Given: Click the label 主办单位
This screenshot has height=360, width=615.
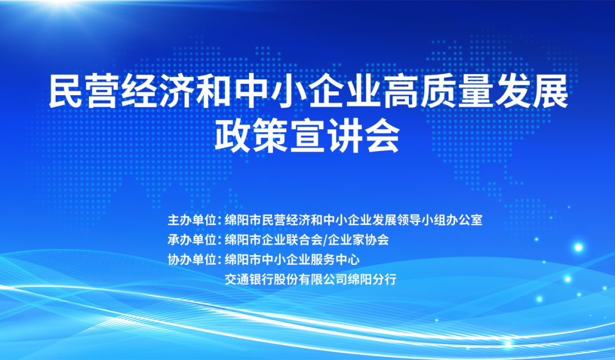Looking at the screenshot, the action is pyautogui.click(x=192, y=220).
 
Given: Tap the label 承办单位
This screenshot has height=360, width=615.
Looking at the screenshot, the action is pyautogui.click(x=192, y=240).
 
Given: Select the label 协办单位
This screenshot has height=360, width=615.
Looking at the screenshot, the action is pyautogui.click(x=192, y=260).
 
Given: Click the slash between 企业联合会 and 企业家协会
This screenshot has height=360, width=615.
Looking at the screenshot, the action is pyautogui.click(x=325, y=240).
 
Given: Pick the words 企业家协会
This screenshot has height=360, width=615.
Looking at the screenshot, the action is pyautogui.click(x=358, y=240).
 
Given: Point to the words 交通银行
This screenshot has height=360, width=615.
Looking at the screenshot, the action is pyautogui.click(x=249, y=280).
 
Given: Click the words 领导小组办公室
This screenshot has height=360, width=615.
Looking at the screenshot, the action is pyautogui.click(x=440, y=220).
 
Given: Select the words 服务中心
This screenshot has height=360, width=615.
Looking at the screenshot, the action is pyautogui.click(x=335, y=260).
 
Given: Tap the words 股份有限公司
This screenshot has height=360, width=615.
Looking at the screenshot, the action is pyautogui.click(x=310, y=280).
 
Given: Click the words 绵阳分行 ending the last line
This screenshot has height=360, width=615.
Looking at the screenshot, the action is pyautogui.click(x=371, y=280).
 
